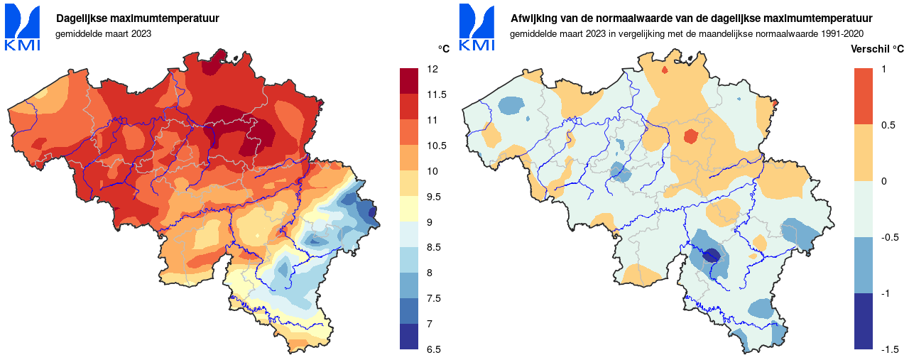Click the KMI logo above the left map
click(22, 28)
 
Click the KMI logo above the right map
click(477, 28)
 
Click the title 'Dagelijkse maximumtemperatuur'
click(138, 18)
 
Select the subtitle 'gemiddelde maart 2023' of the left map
click(103, 33)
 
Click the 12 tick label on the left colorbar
click(432, 70)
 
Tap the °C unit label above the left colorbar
click(443, 49)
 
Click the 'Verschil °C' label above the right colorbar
click(877, 49)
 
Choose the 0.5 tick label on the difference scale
click(888, 126)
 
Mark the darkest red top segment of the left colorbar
click(409, 81)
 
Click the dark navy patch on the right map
click(712, 255)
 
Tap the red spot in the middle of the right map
click(690, 136)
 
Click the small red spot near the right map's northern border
click(665, 70)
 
